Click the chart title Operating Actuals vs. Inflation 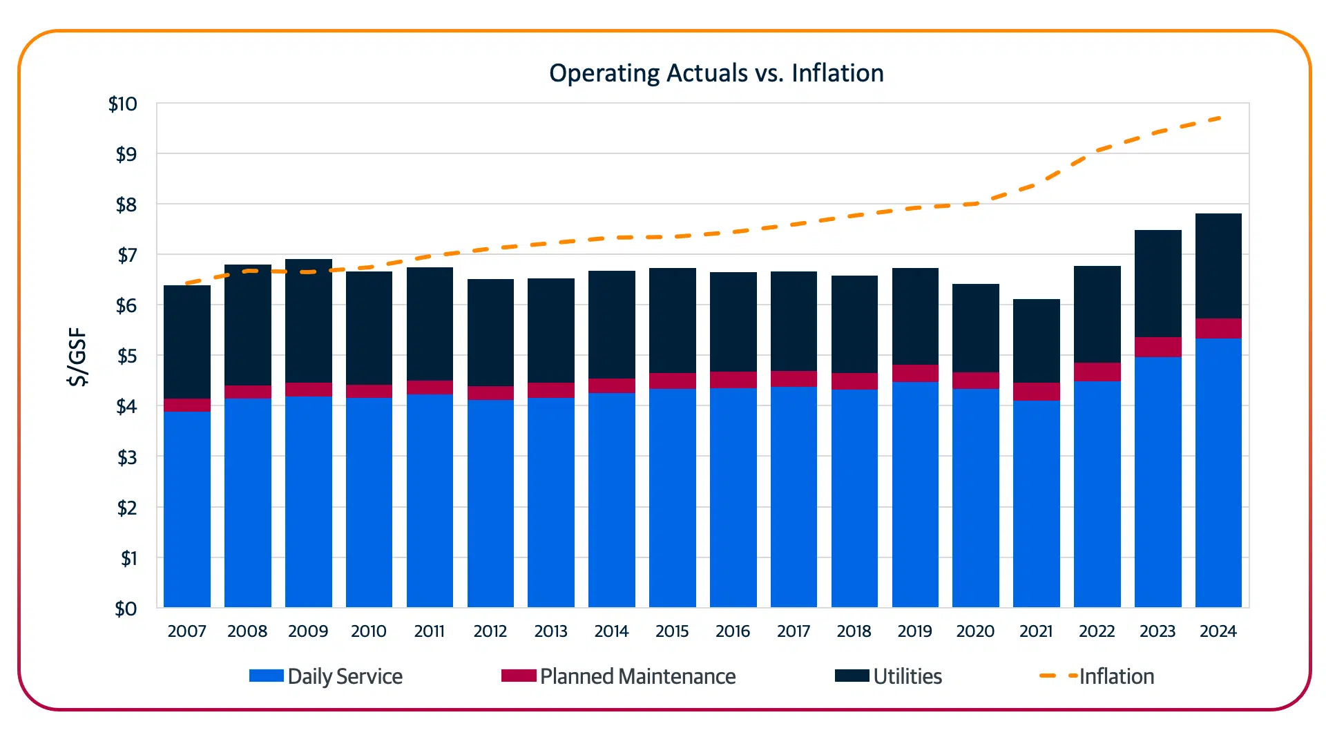[716, 73]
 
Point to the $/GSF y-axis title [78, 356]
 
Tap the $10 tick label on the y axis [123, 104]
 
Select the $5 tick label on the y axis [126, 356]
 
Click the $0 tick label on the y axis [126, 609]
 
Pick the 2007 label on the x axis [186, 631]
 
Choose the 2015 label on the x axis [672, 631]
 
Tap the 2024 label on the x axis [1218, 631]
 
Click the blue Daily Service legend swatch [267, 676]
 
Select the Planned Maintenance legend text [637, 676]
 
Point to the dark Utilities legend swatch [852, 676]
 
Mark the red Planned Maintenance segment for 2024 [1218, 328]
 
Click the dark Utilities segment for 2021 [1036, 341]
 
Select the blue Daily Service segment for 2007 [187, 510]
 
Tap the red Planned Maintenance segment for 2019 [915, 373]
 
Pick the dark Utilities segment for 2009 [308, 321]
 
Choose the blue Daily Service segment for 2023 [1157, 482]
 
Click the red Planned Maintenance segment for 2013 [551, 390]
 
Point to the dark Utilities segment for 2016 [733, 322]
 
